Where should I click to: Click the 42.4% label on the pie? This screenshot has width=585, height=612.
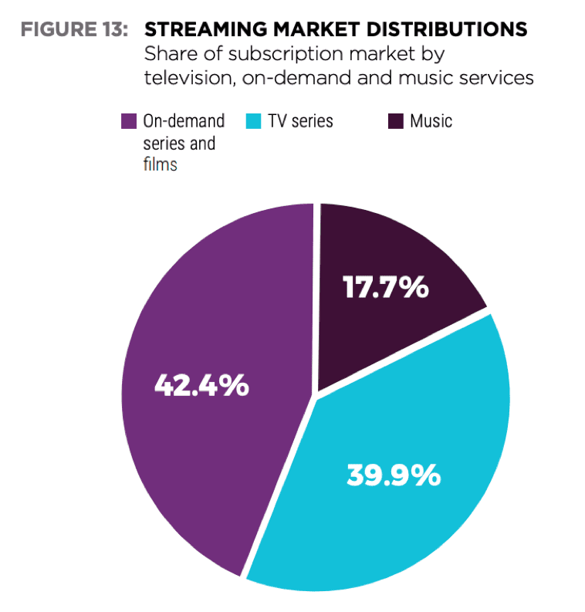pos(201,384)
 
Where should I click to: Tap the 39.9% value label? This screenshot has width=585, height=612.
pos(394,475)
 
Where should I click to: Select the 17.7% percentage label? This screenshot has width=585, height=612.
pos(385,287)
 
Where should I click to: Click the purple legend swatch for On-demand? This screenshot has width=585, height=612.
pos(130,121)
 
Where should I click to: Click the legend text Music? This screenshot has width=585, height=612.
pos(431,121)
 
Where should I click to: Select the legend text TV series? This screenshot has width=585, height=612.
pos(301,121)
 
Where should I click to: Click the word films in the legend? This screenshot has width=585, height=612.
pos(160,164)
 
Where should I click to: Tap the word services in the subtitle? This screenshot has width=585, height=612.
pos(498,79)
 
